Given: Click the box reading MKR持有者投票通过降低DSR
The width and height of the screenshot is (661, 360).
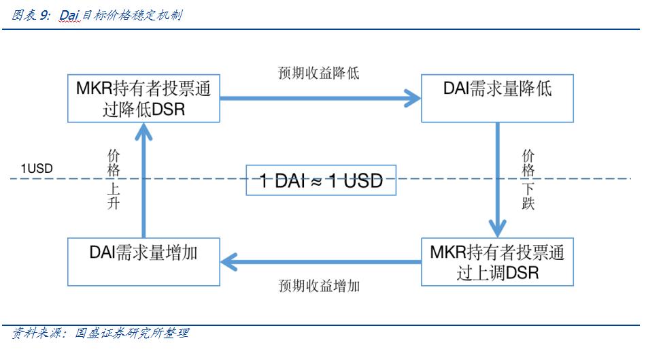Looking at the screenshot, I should coord(143,99).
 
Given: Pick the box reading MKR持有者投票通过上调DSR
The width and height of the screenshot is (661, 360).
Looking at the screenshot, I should coord(497,262).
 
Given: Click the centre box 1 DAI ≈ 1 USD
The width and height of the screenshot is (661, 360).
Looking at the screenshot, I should coord(321,180).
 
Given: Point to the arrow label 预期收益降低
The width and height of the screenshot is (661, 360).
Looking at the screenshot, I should coord(318,73).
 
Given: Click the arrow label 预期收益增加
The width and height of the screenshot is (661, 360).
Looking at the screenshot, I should coord(318,286).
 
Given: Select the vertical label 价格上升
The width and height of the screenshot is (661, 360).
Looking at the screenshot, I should coord(114,180).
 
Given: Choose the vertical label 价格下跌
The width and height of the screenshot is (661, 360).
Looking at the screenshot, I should coord(528,180).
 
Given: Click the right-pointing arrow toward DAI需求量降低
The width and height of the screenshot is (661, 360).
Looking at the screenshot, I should coord(320,99).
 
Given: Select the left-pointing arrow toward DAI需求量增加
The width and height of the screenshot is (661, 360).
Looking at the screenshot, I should coord(320,259).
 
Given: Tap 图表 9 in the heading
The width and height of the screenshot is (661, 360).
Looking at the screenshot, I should coord(31,15).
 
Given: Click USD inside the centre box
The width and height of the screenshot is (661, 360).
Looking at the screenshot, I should coord(363,181).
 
